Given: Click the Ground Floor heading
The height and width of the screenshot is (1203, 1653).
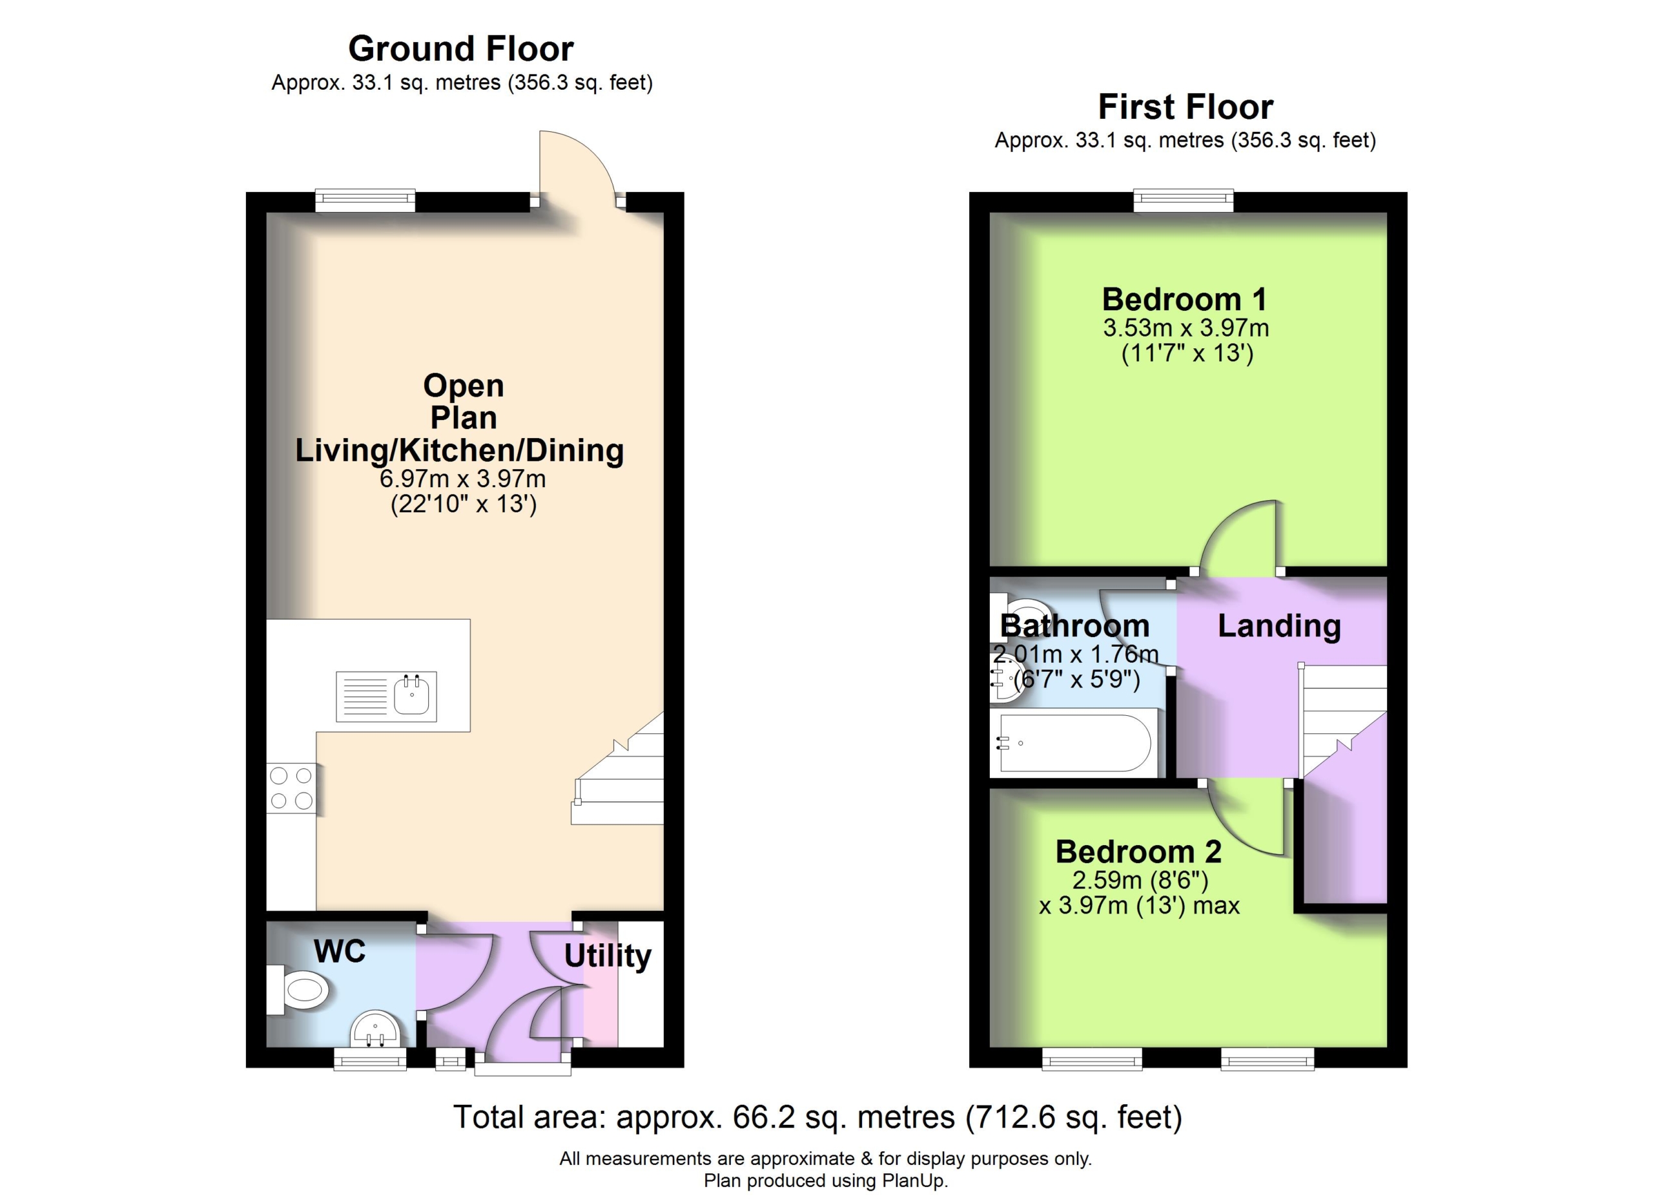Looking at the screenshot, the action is (x=460, y=49).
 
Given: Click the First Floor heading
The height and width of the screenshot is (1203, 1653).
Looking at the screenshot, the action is (x=1185, y=107).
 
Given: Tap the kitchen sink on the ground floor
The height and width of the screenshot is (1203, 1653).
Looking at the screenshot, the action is (x=386, y=696).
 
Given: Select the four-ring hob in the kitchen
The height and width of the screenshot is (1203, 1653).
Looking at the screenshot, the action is (x=291, y=788).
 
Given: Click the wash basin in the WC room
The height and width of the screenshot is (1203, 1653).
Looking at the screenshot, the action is (x=375, y=1029).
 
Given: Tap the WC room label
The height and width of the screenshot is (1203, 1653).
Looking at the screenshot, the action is (x=340, y=952).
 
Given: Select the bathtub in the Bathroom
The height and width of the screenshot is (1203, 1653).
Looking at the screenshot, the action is (x=1076, y=743).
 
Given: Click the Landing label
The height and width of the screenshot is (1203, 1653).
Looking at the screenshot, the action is (x=1279, y=625).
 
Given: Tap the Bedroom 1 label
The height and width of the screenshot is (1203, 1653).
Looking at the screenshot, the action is (x=1184, y=299).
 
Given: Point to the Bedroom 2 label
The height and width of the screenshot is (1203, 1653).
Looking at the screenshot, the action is (x=1138, y=851).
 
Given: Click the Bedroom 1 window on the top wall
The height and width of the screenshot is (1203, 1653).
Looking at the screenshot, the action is (x=1184, y=200).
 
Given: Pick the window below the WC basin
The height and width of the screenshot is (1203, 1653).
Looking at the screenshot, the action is (x=370, y=1059).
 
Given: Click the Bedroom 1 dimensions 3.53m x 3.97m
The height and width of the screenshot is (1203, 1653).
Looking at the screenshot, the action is (x=1186, y=328).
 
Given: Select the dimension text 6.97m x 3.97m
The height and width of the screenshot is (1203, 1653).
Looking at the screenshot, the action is (x=463, y=479).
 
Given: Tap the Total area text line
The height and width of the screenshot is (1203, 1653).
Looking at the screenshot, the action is (x=817, y=1117).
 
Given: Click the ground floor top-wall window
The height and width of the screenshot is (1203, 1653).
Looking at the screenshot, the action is (x=365, y=200).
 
